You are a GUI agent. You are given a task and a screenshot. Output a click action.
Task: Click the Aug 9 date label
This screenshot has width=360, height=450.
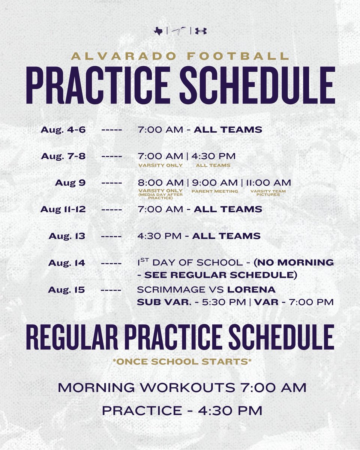coord(70,183)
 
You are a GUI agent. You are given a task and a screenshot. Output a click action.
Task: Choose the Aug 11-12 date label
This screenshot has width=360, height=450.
coord(63,209)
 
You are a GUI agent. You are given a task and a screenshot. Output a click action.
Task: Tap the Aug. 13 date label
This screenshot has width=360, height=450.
coord(67,236)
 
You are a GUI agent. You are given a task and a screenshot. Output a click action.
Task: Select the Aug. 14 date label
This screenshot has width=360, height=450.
coord(67,263)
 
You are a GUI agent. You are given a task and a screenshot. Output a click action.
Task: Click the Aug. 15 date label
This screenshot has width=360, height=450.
coord(67,290)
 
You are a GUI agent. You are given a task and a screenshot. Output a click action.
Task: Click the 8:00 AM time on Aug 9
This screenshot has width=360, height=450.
coord(160,183)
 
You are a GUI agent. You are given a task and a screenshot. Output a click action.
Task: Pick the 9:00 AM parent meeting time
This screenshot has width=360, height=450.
coord(214,183)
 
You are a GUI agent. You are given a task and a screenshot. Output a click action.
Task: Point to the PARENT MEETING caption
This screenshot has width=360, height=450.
coord(214,191)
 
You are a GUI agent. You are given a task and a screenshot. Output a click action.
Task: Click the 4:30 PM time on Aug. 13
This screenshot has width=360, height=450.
coord(161,236)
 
